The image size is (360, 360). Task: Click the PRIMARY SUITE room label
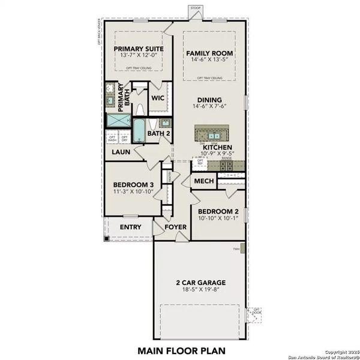136,49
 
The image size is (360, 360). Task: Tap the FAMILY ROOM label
209,53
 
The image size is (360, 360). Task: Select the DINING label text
208,100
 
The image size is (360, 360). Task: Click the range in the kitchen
227,164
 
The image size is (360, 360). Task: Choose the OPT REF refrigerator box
200,163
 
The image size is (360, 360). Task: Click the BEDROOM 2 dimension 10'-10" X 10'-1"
217,220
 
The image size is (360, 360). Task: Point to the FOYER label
176,227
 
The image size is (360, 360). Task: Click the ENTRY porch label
131,227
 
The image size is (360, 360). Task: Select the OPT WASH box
112,139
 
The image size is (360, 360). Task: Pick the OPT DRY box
124,139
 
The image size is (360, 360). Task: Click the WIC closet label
158,97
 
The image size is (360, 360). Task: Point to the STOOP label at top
195,7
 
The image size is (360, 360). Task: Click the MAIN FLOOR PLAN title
180,349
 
